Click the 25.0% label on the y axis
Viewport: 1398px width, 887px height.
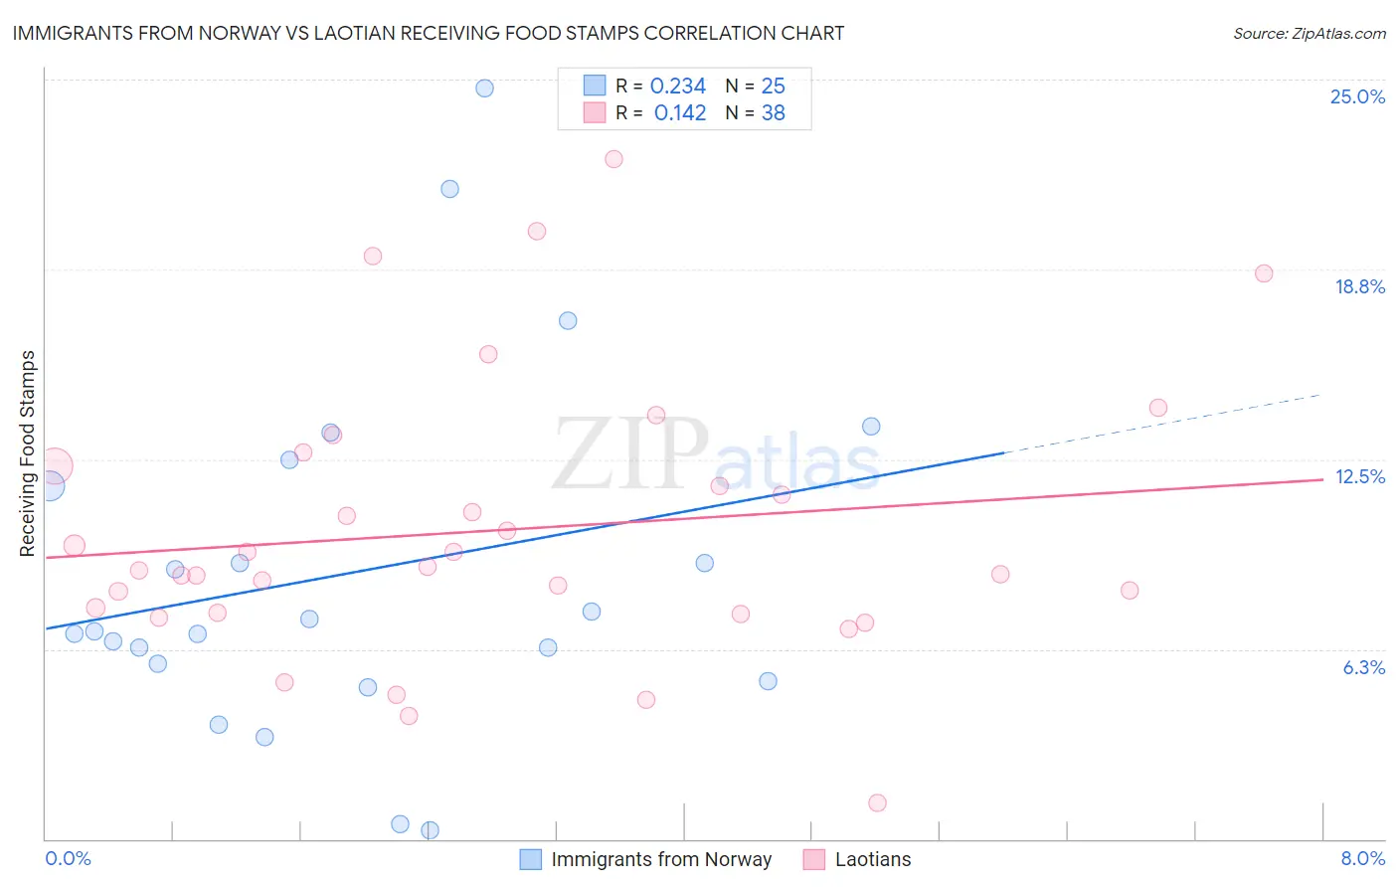pyautogui.click(x=1357, y=96)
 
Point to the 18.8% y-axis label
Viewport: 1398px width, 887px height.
pyautogui.click(x=1359, y=286)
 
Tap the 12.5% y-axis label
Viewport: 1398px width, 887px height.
pyautogui.click(x=1359, y=476)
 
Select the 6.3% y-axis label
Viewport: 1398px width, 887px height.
pyautogui.click(x=1363, y=667)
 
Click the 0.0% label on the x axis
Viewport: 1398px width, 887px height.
pyautogui.click(x=68, y=858)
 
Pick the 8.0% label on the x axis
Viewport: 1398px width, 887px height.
pyautogui.click(x=1362, y=858)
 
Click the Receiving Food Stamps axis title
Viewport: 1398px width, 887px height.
pyautogui.click(x=28, y=453)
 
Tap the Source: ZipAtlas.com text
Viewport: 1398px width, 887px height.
pyautogui.click(x=1309, y=33)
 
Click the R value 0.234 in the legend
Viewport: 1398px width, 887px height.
pyautogui.click(x=677, y=87)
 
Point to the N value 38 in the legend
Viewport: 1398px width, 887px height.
pyautogui.click(x=773, y=113)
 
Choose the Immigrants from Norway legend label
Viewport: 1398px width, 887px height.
pyautogui.click(x=661, y=859)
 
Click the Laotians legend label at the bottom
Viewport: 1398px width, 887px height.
pyautogui.click(x=872, y=859)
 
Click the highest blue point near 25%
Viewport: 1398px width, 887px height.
pyautogui.click(x=484, y=88)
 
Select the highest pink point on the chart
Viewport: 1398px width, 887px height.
pyautogui.click(x=613, y=159)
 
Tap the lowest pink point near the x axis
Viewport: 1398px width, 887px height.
pyautogui.click(x=877, y=802)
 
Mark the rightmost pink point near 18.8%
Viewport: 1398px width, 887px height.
pyautogui.click(x=1264, y=273)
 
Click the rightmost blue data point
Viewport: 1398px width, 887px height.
pyautogui.click(x=871, y=427)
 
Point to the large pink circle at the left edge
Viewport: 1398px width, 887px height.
pyautogui.click(x=55, y=465)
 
